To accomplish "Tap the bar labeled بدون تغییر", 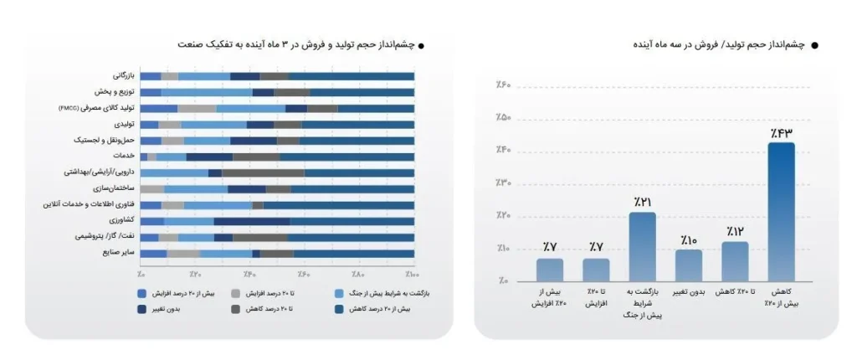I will [x=689, y=265].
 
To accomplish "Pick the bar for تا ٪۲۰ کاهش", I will [x=735, y=260].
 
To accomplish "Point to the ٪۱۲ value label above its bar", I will [x=735, y=231].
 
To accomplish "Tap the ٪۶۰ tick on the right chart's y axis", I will [x=509, y=85].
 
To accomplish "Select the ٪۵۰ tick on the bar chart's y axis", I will [x=509, y=117].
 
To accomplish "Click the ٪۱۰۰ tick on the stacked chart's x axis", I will [x=411, y=274].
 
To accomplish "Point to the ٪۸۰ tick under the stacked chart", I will [x=359, y=274].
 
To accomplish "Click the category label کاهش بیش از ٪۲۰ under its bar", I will [x=781, y=298].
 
